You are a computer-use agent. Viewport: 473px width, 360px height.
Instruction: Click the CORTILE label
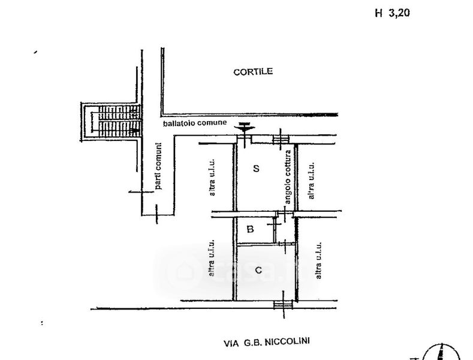click(x=253, y=71)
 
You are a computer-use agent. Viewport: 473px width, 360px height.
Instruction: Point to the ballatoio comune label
click(x=195, y=124)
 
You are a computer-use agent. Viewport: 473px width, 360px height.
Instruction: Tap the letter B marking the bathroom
click(x=251, y=229)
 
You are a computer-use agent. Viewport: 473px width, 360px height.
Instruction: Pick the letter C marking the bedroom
click(x=258, y=270)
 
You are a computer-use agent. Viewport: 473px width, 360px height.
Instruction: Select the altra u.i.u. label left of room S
click(x=212, y=178)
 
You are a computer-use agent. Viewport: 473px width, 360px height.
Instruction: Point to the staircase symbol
click(x=113, y=119)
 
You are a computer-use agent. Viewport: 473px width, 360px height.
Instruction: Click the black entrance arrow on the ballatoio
click(x=244, y=126)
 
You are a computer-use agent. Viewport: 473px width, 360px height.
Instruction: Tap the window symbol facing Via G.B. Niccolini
click(x=281, y=305)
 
